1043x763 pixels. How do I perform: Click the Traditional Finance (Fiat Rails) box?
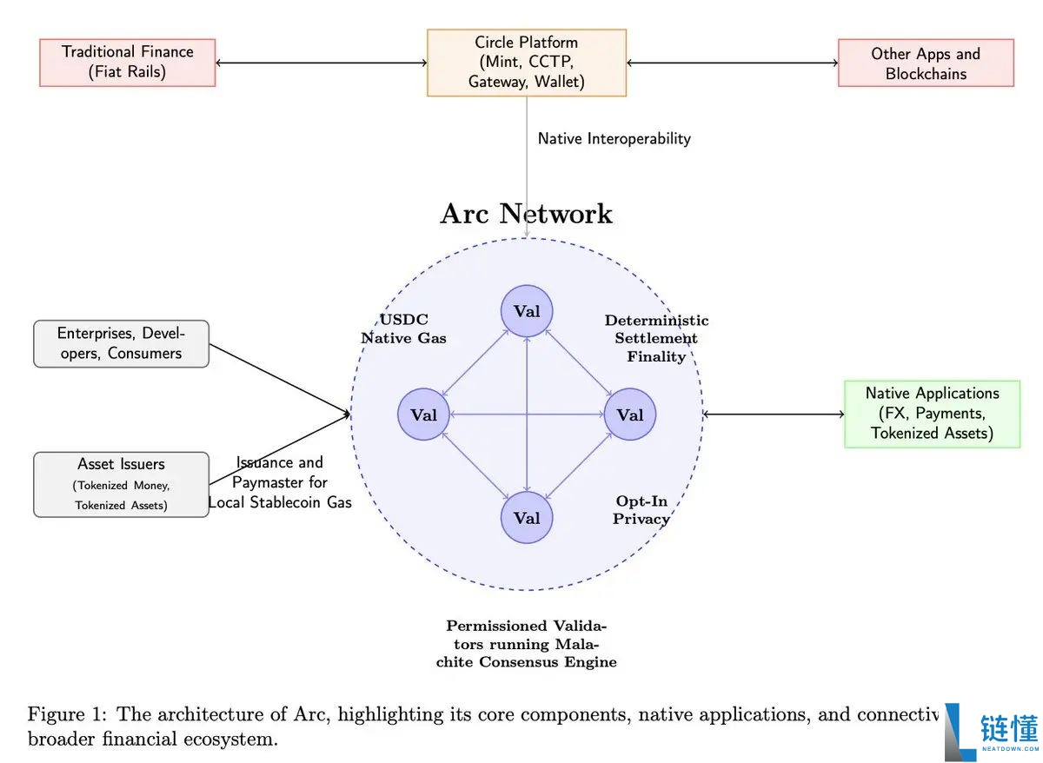[x=127, y=63]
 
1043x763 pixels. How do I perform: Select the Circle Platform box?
[x=526, y=63]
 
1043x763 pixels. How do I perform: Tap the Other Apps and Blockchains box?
[x=926, y=63]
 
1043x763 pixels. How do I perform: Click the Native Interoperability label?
[x=614, y=138]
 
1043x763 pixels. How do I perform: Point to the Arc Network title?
[x=526, y=214]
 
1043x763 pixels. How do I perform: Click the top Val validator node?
[x=527, y=311]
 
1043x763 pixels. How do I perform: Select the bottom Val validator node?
[x=527, y=518]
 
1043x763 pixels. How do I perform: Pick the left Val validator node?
[x=423, y=415]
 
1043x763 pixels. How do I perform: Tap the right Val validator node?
[x=630, y=415]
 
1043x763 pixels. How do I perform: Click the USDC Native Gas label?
[x=403, y=328]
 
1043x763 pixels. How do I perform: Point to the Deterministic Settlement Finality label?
[x=656, y=338]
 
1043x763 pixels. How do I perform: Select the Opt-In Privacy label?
[x=641, y=510]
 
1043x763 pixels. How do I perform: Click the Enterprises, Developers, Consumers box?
[x=121, y=343]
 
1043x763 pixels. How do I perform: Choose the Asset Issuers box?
[x=121, y=484]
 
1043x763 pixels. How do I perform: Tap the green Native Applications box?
[x=932, y=414]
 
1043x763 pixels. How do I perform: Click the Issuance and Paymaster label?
[x=280, y=482]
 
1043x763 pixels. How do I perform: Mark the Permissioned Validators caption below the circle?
[x=531, y=644]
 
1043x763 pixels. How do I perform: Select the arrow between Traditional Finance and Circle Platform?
[x=321, y=63]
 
